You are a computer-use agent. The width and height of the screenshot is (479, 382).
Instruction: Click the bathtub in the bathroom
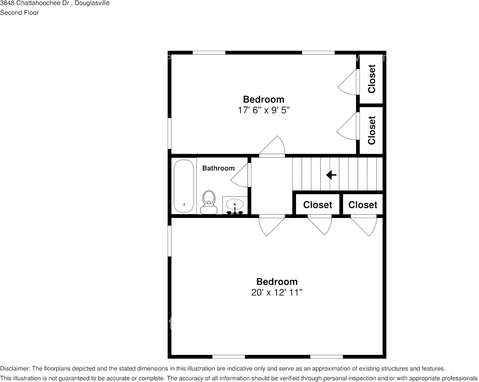(x=183, y=186)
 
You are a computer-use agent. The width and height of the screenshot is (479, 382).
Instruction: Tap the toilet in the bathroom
(x=209, y=202)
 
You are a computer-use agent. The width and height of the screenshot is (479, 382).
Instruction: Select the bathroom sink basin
(x=235, y=203)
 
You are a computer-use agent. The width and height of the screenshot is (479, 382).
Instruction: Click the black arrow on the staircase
(x=331, y=175)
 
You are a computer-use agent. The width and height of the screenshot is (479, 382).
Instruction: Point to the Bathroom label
(x=219, y=168)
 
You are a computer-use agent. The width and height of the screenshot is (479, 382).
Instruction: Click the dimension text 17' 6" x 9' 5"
(x=264, y=110)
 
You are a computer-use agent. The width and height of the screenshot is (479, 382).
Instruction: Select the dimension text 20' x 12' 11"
(x=277, y=292)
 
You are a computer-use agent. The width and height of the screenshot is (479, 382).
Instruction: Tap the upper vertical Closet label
(x=371, y=79)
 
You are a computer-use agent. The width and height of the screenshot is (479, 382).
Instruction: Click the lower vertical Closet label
(x=371, y=130)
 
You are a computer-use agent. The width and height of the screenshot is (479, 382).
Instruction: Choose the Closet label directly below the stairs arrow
(x=317, y=205)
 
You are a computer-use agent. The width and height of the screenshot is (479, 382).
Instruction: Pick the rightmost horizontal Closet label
(x=362, y=205)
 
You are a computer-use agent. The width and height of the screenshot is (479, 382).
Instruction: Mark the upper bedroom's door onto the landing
(x=272, y=146)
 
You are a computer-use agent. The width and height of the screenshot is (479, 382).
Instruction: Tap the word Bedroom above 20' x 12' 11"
(x=277, y=282)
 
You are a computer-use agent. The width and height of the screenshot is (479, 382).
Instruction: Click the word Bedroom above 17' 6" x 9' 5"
(x=264, y=99)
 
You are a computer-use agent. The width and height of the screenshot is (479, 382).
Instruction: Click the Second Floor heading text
(x=19, y=13)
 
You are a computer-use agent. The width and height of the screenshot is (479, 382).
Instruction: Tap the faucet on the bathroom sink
(x=235, y=211)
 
